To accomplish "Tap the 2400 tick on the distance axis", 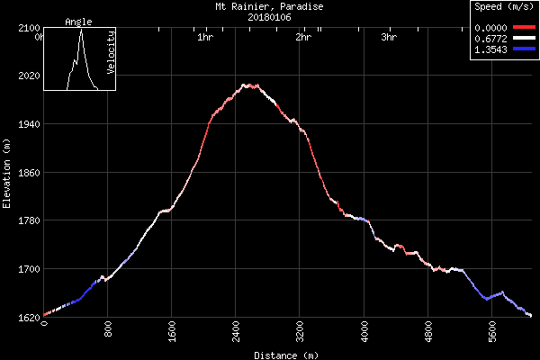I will click(236, 332).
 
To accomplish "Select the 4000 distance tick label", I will click(364, 332).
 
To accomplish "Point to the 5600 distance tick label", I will click(492, 332).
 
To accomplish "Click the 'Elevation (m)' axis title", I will click(7, 172).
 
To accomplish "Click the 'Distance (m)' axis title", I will click(285, 355).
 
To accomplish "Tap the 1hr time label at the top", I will click(204, 38).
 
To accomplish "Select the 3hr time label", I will click(389, 38).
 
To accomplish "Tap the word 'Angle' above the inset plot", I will click(78, 22).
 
